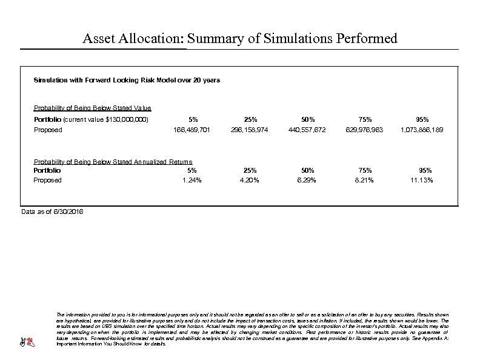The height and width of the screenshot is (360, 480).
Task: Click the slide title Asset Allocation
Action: (240, 39)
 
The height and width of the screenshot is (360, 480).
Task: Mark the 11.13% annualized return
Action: (421, 180)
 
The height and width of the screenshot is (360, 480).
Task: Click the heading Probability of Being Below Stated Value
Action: (92, 108)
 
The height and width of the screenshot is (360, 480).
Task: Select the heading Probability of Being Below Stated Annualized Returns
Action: (113, 161)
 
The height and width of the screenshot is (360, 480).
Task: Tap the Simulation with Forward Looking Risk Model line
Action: (127, 80)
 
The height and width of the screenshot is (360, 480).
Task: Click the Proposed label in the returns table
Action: (47, 180)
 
